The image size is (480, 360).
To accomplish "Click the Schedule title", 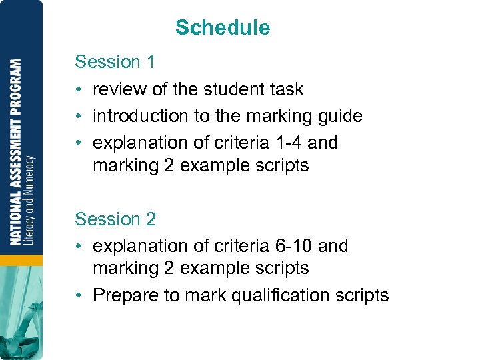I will click(223, 28).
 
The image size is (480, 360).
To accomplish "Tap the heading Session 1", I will click(115, 62).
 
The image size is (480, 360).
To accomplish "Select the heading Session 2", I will click(115, 219).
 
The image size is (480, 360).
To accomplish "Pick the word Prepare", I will click(121, 295).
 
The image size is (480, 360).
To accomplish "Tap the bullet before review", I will click(79, 89).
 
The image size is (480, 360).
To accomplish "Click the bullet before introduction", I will click(79, 116).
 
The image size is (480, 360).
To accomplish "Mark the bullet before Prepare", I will click(79, 295).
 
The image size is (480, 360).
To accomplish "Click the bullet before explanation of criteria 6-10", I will click(79, 246).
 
